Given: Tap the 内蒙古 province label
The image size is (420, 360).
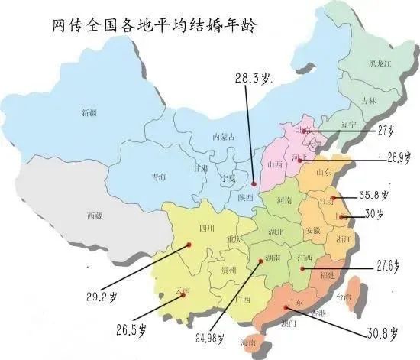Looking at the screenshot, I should [x=222, y=137].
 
